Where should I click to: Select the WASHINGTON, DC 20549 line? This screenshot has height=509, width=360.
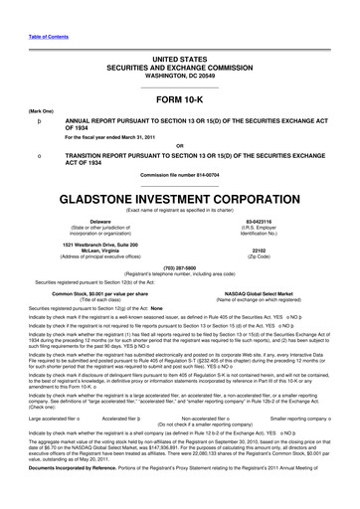(179, 53)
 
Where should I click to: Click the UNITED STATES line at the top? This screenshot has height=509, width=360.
(179, 34)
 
